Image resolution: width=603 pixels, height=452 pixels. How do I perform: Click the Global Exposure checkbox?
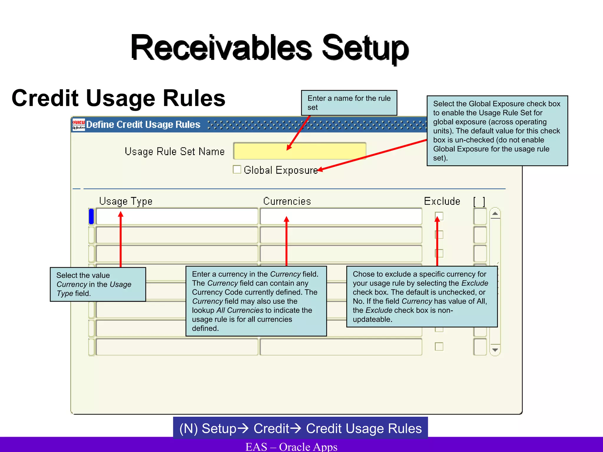(237, 169)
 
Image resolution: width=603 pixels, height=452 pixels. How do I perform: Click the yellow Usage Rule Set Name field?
(299, 151)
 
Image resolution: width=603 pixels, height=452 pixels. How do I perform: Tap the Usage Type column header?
(126, 201)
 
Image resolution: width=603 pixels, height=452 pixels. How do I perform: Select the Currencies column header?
(287, 201)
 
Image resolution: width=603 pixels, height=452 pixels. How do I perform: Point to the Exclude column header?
(442, 201)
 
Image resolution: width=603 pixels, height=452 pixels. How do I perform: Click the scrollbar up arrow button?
(495, 214)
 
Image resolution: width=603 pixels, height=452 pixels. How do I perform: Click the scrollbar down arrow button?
(495, 350)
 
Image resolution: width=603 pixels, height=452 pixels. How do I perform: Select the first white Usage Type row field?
(177, 217)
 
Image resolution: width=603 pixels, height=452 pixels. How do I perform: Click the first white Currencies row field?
(341, 217)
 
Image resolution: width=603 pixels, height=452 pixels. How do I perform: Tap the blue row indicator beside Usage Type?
(91, 217)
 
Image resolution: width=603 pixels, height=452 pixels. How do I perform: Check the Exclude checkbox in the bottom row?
(439, 347)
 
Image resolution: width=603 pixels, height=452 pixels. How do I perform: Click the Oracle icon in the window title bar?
(79, 125)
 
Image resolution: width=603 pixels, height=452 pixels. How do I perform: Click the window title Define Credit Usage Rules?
(143, 125)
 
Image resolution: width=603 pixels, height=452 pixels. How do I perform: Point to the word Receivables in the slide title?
(221, 48)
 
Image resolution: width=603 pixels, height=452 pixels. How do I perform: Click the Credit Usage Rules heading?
(118, 98)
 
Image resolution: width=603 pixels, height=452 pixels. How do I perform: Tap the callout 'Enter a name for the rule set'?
(349, 103)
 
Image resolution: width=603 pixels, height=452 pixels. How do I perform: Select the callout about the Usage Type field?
(98, 284)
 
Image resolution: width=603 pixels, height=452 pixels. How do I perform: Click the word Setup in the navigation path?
(219, 428)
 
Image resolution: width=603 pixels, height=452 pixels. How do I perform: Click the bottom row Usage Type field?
(177, 347)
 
